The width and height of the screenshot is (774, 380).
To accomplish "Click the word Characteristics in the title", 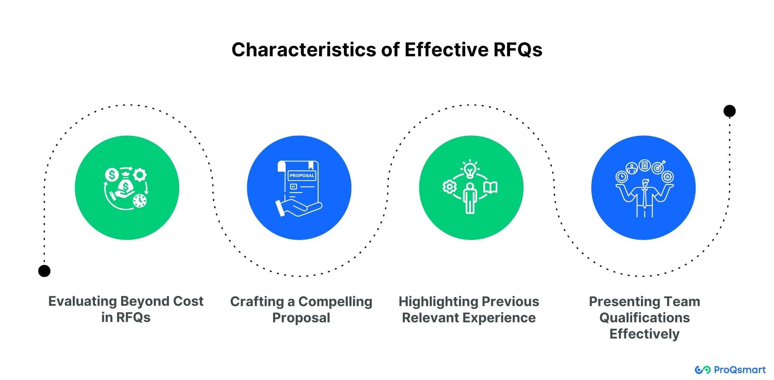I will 304,50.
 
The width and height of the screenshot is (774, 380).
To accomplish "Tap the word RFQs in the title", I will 517,50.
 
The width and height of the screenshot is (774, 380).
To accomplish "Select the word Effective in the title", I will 446,50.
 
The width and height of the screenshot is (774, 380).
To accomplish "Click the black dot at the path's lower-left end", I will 44,271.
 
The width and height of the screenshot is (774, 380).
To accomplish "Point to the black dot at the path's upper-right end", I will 729,111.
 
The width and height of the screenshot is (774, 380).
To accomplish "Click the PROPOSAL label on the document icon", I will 302,176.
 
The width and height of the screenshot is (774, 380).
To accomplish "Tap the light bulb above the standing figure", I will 470,169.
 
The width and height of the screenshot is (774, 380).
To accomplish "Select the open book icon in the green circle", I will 490,187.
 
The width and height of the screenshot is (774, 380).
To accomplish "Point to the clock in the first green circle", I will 140,201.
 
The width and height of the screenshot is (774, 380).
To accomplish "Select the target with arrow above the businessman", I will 658,167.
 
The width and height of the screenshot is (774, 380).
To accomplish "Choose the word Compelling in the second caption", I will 335,302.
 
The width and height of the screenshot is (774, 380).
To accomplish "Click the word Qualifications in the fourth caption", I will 644,318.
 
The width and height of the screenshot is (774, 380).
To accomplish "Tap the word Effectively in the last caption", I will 644,334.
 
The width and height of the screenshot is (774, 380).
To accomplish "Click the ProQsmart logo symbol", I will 702,370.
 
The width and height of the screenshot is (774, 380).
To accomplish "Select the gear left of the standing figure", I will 449,186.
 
